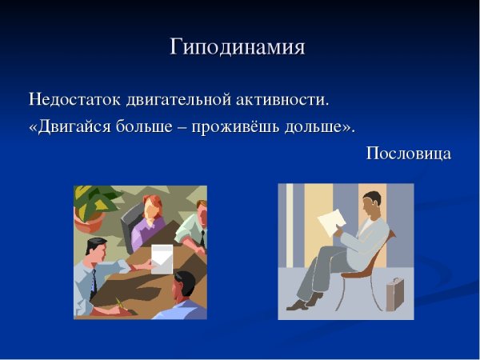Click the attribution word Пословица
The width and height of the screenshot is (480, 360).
point(409,153)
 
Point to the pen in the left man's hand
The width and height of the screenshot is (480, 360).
point(120,302)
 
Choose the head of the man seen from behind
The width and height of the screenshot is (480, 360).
point(185,284)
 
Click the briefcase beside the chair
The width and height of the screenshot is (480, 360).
point(394,294)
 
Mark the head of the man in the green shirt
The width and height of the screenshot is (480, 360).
point(199,214)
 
